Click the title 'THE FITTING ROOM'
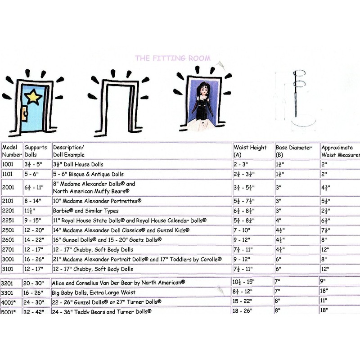172,58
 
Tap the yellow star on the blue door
33,97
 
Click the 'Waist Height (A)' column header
250,151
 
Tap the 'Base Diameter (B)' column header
294,151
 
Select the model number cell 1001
9,164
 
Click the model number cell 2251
9,221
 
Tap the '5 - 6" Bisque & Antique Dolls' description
88,174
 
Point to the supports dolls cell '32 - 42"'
35,311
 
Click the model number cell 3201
9,282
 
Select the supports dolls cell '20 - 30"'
35,282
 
